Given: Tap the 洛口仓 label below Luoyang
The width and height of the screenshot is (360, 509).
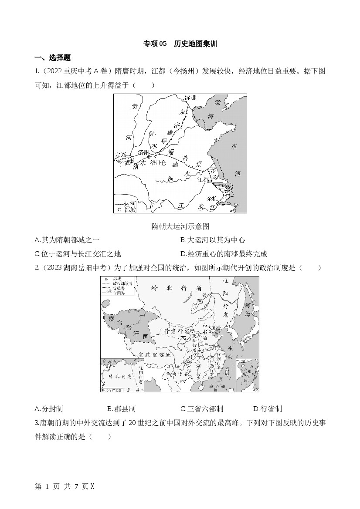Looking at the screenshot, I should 158,163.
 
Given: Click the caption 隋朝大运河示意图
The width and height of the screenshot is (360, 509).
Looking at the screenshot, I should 180,226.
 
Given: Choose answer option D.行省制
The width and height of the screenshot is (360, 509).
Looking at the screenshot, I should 267,408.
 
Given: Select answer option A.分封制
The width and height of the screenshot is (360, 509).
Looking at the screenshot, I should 48,408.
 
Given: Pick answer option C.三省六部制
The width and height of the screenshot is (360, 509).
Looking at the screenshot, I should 201,408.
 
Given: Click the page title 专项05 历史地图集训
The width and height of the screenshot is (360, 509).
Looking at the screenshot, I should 180,44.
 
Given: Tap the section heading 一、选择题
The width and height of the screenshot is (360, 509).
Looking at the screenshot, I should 52,57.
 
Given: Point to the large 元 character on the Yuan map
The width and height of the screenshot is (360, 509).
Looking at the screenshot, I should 183,337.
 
